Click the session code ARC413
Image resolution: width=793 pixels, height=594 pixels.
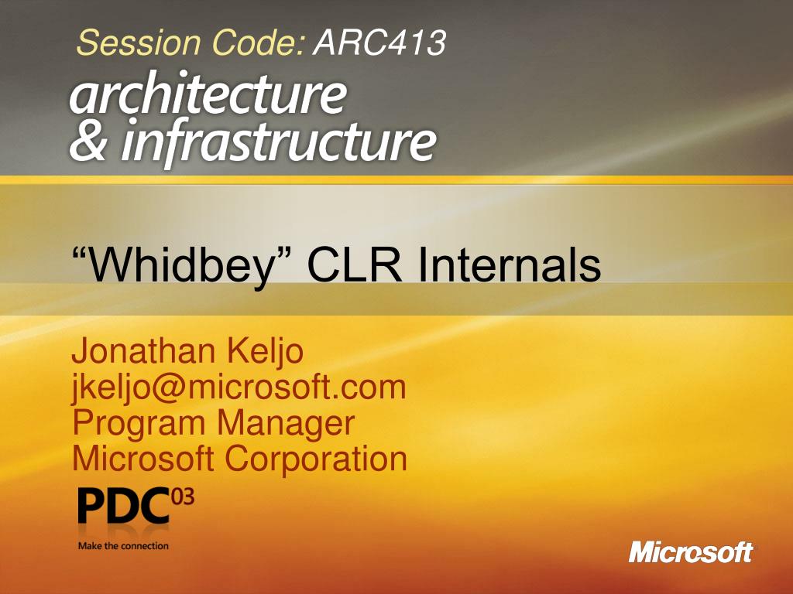pos(379,43)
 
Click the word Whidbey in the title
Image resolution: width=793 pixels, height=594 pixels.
pos(180,265)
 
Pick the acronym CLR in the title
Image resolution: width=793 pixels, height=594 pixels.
pos(355,265)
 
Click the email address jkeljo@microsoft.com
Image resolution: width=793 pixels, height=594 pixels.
pos(239,388)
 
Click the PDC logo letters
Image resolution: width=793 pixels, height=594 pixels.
pos(123,506)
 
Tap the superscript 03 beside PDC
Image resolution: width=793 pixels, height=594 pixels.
pos(183,497)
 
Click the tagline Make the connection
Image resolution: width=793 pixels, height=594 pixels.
pos(123,545)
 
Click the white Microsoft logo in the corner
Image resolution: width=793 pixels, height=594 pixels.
pos(691,552)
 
